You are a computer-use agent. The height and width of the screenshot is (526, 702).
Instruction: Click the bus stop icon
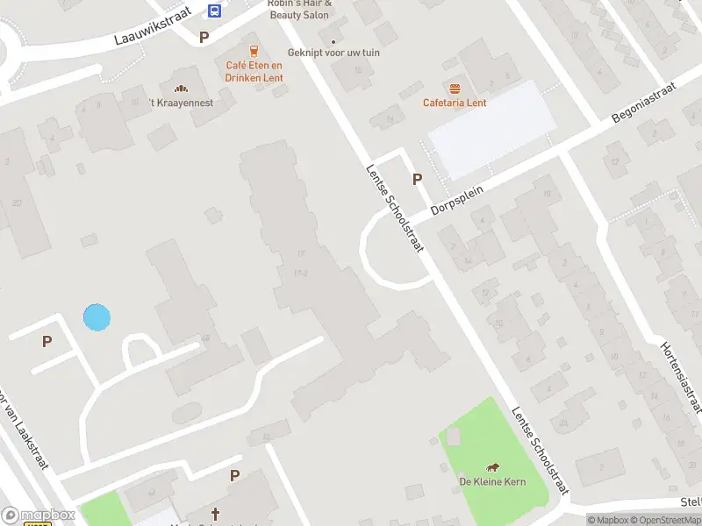pos(214,11)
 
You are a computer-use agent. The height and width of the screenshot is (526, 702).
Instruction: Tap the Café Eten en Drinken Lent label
pos(254,72)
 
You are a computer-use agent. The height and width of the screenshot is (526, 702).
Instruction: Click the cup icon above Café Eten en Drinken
pos(254,51)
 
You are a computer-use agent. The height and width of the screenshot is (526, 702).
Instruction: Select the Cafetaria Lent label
pos(455,103)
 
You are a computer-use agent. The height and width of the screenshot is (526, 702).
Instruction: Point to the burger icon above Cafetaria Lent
pos(455,88)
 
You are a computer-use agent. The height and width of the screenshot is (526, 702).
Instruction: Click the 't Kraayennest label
pos(180,103)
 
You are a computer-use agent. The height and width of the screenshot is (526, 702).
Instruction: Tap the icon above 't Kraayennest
pos(182,88)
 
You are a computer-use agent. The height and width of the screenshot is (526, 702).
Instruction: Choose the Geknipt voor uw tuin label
pos(333,53)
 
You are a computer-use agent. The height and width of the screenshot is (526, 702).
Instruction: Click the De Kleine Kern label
pos(492,481)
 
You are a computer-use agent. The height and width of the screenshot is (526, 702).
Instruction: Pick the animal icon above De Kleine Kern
pos(492,466)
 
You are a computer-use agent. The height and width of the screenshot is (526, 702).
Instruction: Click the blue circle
pos(97,317)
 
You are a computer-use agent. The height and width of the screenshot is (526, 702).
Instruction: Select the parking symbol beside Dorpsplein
pos(418,179)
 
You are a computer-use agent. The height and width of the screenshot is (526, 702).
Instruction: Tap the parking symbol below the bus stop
pos(204,37)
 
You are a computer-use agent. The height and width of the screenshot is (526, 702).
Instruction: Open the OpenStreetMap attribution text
pos(665,520)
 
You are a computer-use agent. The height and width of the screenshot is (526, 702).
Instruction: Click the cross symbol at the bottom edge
pos(215,512)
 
